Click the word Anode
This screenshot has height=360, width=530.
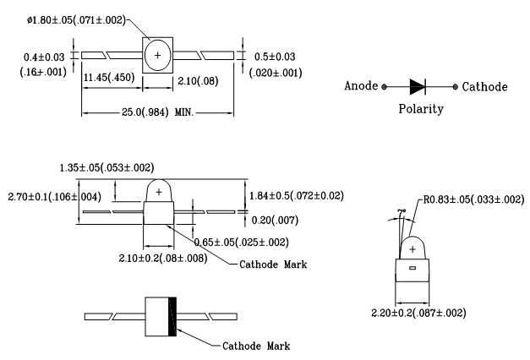point(363,87)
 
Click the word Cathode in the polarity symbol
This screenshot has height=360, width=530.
point(485,87)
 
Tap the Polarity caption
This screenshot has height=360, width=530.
point(421,110)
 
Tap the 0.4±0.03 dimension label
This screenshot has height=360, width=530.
point(44,57)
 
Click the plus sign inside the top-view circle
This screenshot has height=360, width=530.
point(156,55)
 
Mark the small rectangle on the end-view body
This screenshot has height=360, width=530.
point(413,269)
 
